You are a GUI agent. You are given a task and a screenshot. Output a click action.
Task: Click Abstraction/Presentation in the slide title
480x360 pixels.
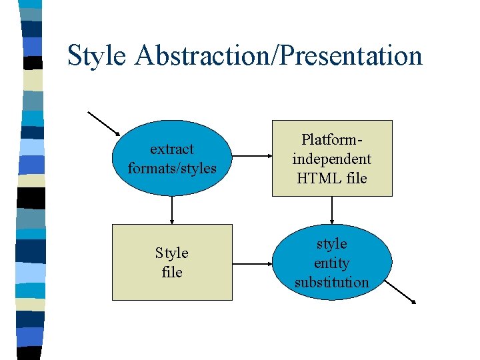[278, 56]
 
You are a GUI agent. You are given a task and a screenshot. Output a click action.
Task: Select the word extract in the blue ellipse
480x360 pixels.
[172, 149]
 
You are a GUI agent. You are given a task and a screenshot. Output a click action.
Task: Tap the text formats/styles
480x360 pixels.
[172, 168]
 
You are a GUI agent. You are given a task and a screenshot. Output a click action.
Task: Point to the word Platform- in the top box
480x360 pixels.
[331, 140]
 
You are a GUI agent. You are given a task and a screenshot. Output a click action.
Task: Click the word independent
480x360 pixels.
[331, 159]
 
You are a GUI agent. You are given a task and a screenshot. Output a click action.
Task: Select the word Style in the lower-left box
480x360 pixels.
[172, 253]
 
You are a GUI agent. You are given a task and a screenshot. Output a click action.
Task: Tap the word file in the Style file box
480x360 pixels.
[172, 272]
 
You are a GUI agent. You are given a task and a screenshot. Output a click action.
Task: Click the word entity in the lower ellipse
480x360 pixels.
[331, 263]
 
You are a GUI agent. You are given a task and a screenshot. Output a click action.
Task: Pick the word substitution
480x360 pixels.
[331, 282]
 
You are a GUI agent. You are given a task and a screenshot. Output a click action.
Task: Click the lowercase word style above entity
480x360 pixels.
[331, 243]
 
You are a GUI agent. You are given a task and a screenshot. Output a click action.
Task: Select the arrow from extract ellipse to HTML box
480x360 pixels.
[250, 157]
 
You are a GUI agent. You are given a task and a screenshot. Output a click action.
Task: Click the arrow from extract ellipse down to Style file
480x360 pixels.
[172, 209]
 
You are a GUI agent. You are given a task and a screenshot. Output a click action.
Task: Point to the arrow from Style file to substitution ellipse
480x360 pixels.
[251, 263]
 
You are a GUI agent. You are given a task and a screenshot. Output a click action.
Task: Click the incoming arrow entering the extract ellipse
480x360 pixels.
[104, 123]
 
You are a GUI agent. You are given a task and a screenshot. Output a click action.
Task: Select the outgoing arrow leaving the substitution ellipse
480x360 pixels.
[401, 291]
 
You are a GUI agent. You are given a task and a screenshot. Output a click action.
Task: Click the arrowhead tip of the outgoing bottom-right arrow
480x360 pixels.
[415, 303]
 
